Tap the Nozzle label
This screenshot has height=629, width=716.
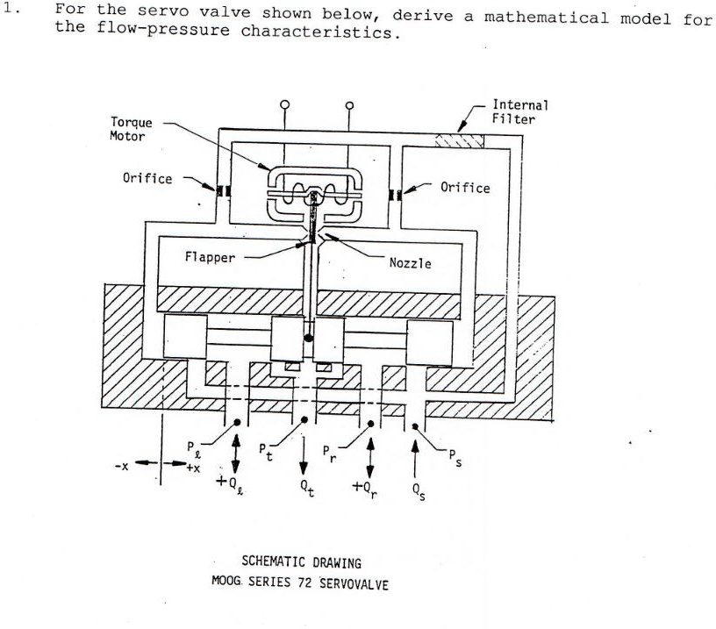click(410, 262)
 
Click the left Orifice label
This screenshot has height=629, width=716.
click(147, 178)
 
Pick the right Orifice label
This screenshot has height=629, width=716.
click(465, 187)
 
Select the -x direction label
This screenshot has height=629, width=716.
click(124, 465)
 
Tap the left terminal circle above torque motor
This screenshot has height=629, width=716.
click(283, 104)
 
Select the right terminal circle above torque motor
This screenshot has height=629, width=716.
click(349, 104)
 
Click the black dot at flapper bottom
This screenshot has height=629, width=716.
click(307, 337)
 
